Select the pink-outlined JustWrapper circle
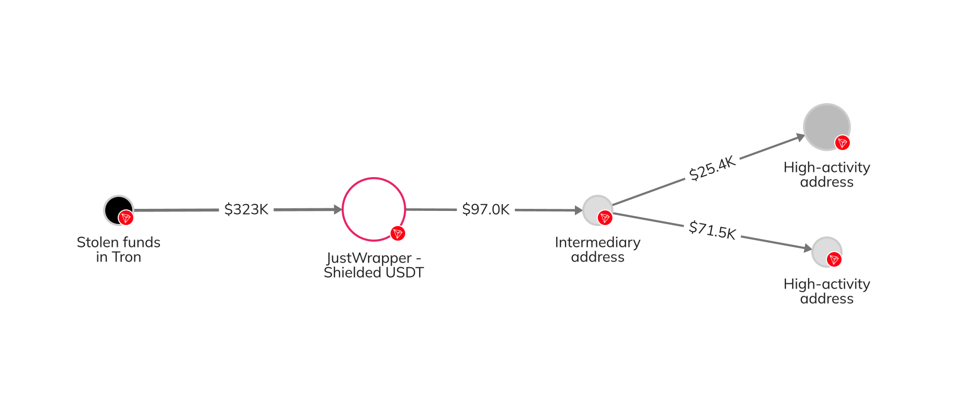pyautogui.click(x=373, y=209)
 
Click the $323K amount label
pyautogui.click(x=246, y=209)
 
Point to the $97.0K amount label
pyautogui.click(x=486, y=209)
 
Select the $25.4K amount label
pyautogui.click(x=712, y=168)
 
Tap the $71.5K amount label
pyautogui.click(x=712, y=230)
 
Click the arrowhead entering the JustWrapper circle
pyautogui.click(x=338, y=209)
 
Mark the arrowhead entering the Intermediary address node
pyautogui.click(x=578, y=210)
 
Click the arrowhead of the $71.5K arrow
pyautogui.click(x=808, y=248)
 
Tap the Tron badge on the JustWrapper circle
pyautogui.click(x=398, y=233)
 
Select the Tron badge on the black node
pyautogui.click(x=125, y=218)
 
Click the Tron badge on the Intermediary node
pyautogui.click(x=605, y=218)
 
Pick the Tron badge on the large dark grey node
pyautogui.click(x=842, y=143)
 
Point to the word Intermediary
pyautogui.click(x=597, y=243)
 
